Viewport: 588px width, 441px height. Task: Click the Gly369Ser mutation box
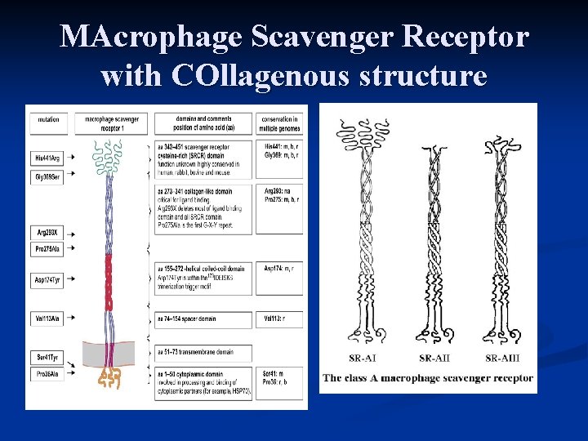48,176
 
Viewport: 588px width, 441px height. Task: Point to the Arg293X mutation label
48,232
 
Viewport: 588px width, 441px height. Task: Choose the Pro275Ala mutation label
48,247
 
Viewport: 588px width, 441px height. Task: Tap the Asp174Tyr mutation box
48,280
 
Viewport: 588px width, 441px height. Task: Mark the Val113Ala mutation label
48,318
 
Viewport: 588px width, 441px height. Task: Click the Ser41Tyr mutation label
48,358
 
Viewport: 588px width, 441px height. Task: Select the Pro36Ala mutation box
48,373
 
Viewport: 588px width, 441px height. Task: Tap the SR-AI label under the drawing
363,357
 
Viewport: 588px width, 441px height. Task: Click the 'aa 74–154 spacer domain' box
203,320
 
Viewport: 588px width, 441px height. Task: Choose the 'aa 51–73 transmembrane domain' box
203,352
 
